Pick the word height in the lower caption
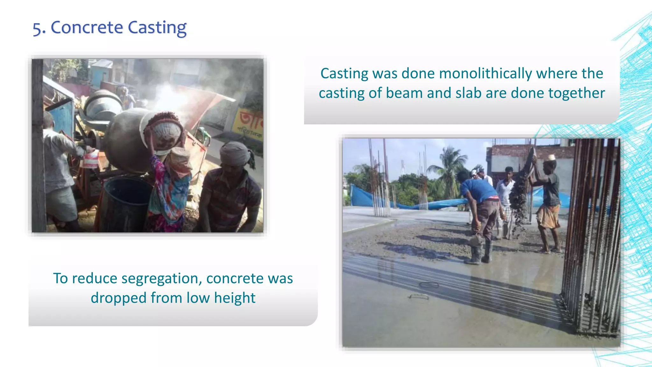pyautogui.click(x=235, y=298)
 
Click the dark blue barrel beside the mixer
pyautogui.click(x=126, y=204)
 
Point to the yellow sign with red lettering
pyautogui.click(x=250, y=124)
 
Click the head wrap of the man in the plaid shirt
pyautogui.click(x=236, y=153)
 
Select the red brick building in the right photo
pyautogui.click(x=522, y=153)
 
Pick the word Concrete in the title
pyautogui.click(x=87, y=27)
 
